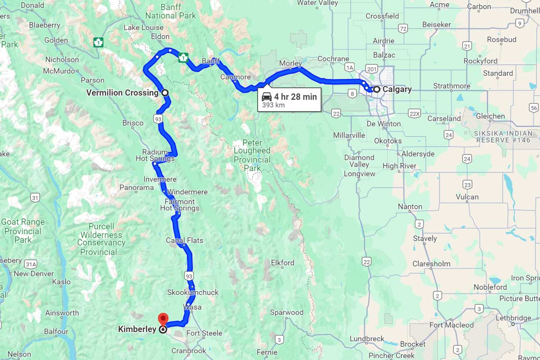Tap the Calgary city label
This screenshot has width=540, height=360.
pos(396,89)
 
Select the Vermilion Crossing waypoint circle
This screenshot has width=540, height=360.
pos(165,93)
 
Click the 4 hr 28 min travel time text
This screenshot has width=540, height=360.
pos(295,96)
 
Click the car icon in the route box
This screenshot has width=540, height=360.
pos(267,96)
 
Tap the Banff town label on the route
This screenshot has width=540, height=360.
pos(210,61)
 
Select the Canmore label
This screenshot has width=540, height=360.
pos(235,77)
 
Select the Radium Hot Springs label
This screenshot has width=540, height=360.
pos(155,155)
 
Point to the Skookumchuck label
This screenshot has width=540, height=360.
pos(193,292)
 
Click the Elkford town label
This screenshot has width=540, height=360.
pos(283,263)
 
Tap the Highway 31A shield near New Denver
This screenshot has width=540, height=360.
pos(31,264)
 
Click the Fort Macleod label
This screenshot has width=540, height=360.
pos(451,325)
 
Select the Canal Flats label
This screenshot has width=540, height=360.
pos(184,240)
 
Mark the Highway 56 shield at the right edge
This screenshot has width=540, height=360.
pos(534,108)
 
